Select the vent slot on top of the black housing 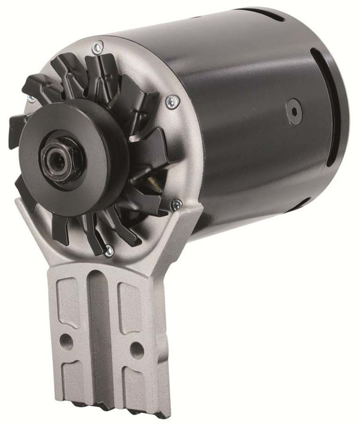pyautogui.click(x=273, y=15)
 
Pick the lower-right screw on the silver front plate pyautogui.click(x=175, y=205)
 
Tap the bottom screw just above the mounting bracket pyautogui.click(x=109, y=251)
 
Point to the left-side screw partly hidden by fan pyautogui.click(x=30, y=98)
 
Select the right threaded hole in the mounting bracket pyautogui.click(x=137, y=348)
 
